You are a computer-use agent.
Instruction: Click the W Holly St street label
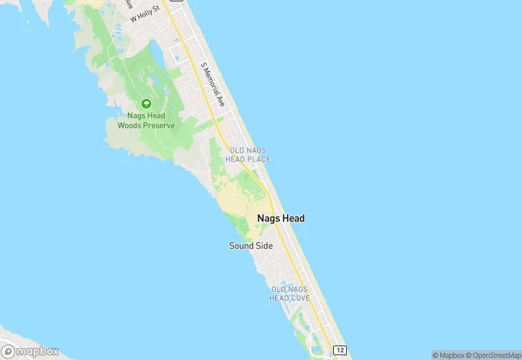[x=145, y=14]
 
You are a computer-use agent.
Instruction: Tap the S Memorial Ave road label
[x=213, y=85]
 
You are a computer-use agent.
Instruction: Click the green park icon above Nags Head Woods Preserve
[x=146, y=104]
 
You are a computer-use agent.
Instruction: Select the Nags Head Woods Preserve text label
[x=146, y=121]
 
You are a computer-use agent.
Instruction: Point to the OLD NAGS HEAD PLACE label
[x=250, y=155]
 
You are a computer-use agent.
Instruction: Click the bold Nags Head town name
[x=280, y=218]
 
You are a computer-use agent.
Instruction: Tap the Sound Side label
[x=251, y=245]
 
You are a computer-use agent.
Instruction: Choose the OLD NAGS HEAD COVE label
[x=290, y=294]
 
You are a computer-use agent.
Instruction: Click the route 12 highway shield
[x=340, y=350]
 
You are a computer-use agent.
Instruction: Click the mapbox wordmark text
[x=37, y=351]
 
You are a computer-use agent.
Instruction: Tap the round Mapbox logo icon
[x=8, y=351]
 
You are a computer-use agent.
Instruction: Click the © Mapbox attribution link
[x=448, y=355]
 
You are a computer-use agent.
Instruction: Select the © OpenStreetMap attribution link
[x=493, y=355]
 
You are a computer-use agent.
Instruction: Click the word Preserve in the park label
[x=157, y=126]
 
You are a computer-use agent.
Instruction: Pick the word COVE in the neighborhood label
[x=299, y=298]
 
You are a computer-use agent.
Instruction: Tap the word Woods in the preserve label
[x=130, y=126]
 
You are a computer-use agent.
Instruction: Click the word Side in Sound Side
[x=264, y=245]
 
